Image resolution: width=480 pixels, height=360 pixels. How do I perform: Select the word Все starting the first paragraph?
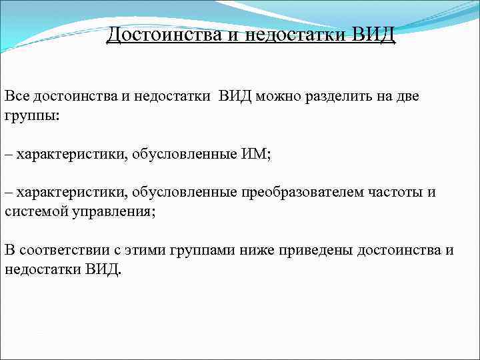(17, 96)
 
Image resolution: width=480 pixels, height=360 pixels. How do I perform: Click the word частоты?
(395, 193)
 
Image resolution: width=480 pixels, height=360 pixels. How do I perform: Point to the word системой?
(32, 211)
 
